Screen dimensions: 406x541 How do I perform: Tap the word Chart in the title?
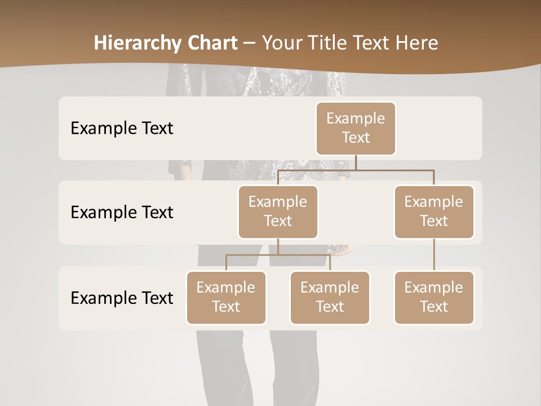tap(210, 43)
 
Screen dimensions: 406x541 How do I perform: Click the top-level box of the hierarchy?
tap(356, 128)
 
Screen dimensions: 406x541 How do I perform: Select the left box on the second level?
tap(278, 211)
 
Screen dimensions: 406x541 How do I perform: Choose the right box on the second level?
tap(434, 211)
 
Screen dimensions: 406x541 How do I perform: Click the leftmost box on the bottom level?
tap(226, 297)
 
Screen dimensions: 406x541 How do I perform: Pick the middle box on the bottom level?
tap(330, 297)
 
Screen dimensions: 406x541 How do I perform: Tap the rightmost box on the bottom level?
tap(434, 297)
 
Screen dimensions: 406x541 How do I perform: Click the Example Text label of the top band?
tap(122, 128)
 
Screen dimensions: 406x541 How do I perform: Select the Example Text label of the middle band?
tap(122, 212)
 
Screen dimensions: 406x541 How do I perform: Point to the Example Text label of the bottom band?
tap(122, 298)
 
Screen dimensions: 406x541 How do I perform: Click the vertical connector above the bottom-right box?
tap(434, 255)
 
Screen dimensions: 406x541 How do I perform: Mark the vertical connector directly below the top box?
tap(356, 162)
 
